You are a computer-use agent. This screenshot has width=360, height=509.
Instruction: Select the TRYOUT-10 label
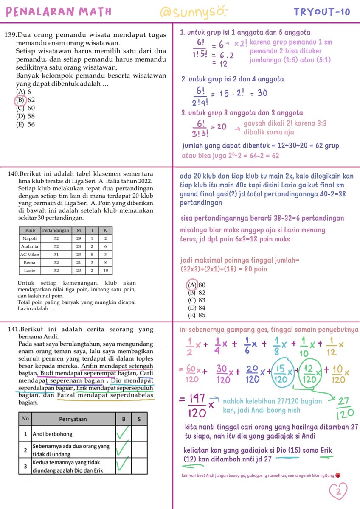click(x=322, y=12)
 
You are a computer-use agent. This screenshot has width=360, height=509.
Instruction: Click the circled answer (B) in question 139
click(x=20, y=100)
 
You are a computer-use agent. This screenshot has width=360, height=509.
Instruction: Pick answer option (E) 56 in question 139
click(x=25, y=124)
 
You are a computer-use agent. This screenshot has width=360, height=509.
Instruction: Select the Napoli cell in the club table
click(x=30, y=238)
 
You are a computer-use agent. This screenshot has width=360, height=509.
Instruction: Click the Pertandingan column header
click(x=56, y=230)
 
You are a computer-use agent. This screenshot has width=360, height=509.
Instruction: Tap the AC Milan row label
click(x=30, y=254)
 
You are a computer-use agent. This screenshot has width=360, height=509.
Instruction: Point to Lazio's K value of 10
click(x=105, y=270)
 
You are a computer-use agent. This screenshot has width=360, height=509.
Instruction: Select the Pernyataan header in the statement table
click(x=73, y=419)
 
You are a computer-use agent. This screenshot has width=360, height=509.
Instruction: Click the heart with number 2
click(x=338, y=492)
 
